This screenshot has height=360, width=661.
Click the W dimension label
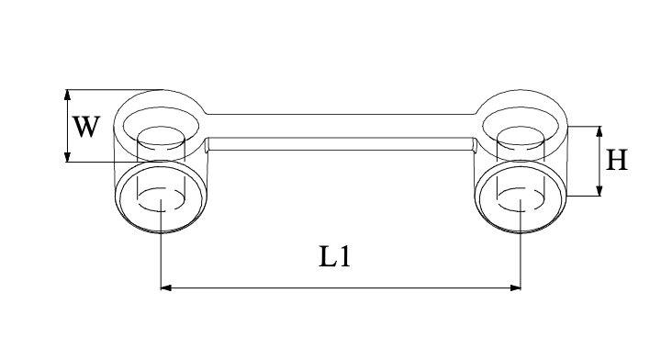point(86,127)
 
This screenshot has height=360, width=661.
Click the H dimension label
point(616,160)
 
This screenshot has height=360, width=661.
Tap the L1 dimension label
point(334,257)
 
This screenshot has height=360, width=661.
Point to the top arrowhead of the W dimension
point(67,95)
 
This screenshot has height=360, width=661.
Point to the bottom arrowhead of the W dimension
point(67,157)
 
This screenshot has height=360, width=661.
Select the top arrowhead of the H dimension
point(599,131)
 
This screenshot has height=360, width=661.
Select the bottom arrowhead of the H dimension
point(599,190)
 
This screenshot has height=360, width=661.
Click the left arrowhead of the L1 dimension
point(166,288)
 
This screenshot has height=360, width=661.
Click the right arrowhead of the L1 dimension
point(516,288)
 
